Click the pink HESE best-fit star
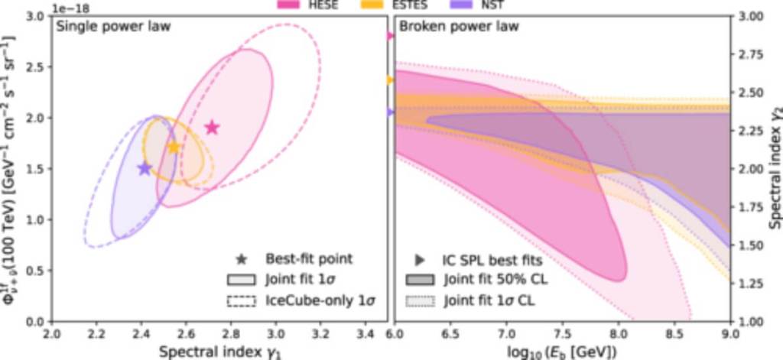click(212, 128)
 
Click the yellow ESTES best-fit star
click(174, 147)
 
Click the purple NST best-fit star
click(145, 168)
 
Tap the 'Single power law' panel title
click(112, 27)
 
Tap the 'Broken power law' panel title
click(459, 27)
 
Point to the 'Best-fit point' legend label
click(309, 258)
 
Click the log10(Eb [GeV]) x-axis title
click(561, 351)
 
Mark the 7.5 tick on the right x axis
click(562, 333)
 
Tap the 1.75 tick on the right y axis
click(747, 206)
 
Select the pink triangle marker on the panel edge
click(390, 36)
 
